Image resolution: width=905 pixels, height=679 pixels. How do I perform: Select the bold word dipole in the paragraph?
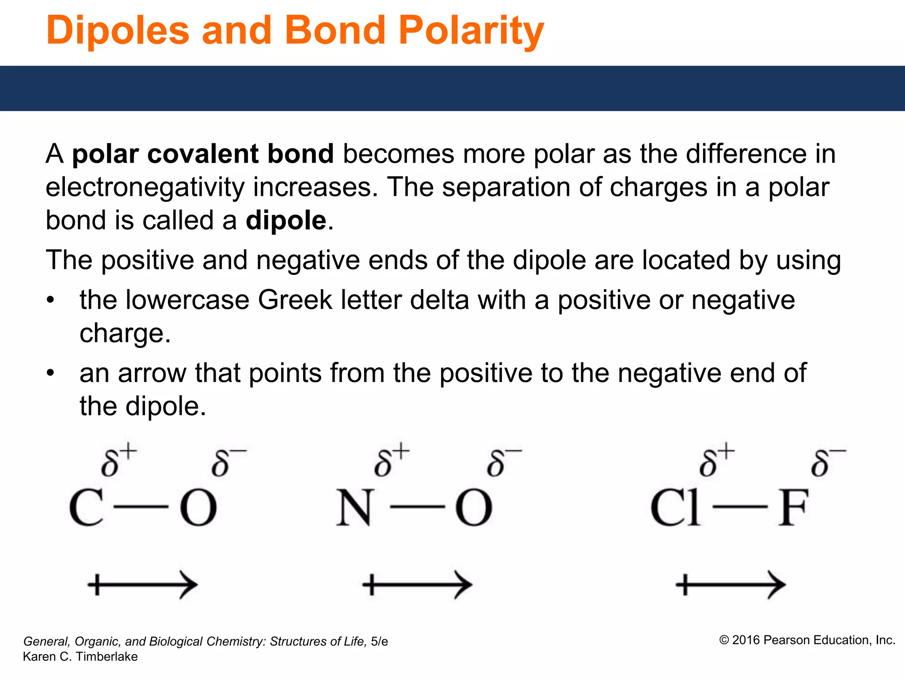click(x=286, y=220)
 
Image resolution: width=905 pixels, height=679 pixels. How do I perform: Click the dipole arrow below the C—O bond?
click(x=142, y=585)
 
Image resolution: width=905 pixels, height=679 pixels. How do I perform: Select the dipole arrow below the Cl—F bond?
click(x=730, y=585)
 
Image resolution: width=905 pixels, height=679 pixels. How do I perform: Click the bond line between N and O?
click(x=417, y=507)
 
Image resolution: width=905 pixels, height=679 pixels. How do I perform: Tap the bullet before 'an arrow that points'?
click(x=50, y=373)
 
